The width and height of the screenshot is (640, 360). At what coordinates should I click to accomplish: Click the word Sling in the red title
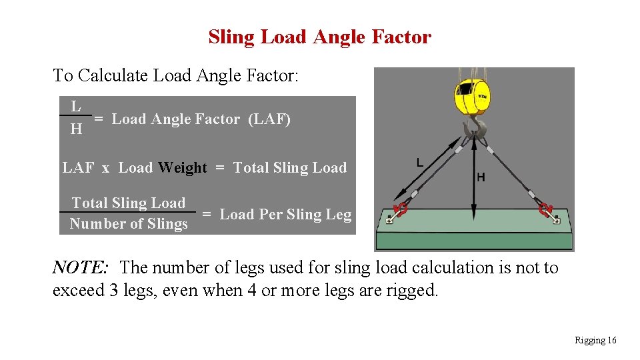[x=232, y=37]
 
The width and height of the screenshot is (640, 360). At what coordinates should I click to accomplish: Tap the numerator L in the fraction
[x=76, y=106]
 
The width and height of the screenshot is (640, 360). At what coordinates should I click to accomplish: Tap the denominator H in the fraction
[x=76, y=129]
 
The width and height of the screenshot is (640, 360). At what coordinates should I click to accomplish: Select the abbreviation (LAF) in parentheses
[x=269, y=119]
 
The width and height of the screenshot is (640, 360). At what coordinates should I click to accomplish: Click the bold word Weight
[x=183, y=168]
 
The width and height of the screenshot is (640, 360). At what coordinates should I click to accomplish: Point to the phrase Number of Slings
[x=129, y=224]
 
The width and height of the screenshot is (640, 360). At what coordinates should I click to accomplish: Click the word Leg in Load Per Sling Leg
[x=339, y=214]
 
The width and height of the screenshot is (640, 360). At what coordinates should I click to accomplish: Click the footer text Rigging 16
[x=595, y=341]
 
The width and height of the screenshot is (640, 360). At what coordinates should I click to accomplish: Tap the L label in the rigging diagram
[x=419, y=162]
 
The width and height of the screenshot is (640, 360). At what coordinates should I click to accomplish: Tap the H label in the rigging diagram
[x=481, y=177]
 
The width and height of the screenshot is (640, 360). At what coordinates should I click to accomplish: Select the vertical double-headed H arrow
[x=473, y=180]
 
